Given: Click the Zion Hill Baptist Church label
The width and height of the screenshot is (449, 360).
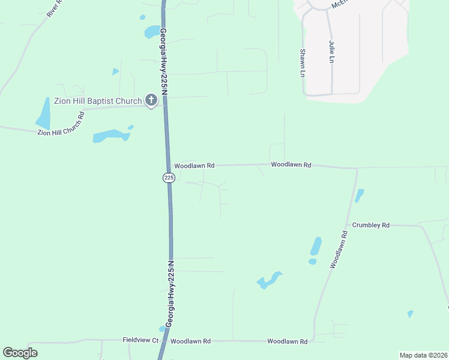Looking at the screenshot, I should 98,101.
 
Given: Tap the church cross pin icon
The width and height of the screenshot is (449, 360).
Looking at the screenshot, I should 151,101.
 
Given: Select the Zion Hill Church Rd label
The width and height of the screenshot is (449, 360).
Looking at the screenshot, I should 61,123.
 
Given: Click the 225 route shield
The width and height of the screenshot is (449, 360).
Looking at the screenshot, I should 169,178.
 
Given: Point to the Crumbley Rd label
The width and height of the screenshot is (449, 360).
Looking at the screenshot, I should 371,225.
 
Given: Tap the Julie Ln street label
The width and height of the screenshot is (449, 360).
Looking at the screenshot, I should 331,52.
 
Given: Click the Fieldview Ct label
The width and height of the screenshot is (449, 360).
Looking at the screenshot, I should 140,340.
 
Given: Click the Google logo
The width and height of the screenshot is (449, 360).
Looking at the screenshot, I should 20,353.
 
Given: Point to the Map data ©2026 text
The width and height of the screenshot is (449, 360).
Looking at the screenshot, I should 423,355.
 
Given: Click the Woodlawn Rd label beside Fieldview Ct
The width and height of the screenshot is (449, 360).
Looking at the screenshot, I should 190,341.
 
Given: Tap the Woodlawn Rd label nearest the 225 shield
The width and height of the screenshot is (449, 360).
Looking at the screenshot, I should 194,165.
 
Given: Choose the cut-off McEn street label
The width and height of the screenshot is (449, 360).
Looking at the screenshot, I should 339,4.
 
